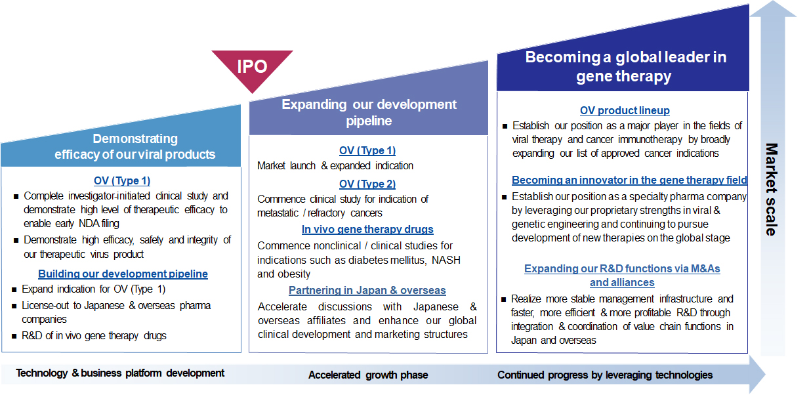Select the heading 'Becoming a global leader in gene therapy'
[x=625, y=67]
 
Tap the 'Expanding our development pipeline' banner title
[x=369, y=112]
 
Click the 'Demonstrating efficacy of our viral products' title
[x=135, y=146]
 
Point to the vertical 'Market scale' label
[x=771, y=190]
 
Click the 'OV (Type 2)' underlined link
[x=367, y=184]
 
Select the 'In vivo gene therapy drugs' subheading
[x=367, y=229]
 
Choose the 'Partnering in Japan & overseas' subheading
[x=367, y=290]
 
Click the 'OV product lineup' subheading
[x=625, y=110]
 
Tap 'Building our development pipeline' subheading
[x=123, y=274]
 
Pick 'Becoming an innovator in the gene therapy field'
[x=629, y=180]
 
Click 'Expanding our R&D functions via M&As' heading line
[x=622, y=268]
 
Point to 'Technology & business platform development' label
[x=120, y=373]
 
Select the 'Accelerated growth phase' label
[x=368, y=375]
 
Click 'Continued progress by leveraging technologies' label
[x=605, y=375]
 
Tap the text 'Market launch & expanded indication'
[x=335, y=166]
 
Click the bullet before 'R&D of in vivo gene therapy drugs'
[x=14, y=336]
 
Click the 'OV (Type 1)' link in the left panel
[x=122, y=180]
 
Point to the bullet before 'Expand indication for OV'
[x=14, y=289]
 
